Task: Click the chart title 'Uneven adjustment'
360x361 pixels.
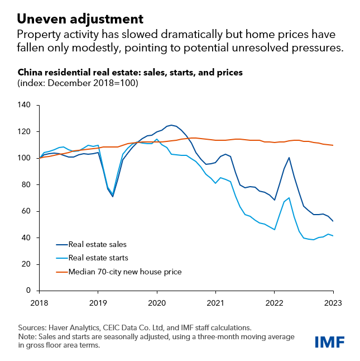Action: pos(75,17)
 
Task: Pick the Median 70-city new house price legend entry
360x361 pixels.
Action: pos(125,272)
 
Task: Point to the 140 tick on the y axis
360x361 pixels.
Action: pos(26,105)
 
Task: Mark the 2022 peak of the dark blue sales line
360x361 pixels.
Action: pos(289,158)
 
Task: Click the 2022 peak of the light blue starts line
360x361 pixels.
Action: pos(289,198)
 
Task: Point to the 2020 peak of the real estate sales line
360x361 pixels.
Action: pos(171,125)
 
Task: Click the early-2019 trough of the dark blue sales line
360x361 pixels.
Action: pos(113,196)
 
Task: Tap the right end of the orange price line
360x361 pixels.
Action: pos(333,145)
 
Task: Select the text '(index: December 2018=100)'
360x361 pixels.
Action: pos(78,83)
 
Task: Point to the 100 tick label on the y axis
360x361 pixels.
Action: pos(26,158)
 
